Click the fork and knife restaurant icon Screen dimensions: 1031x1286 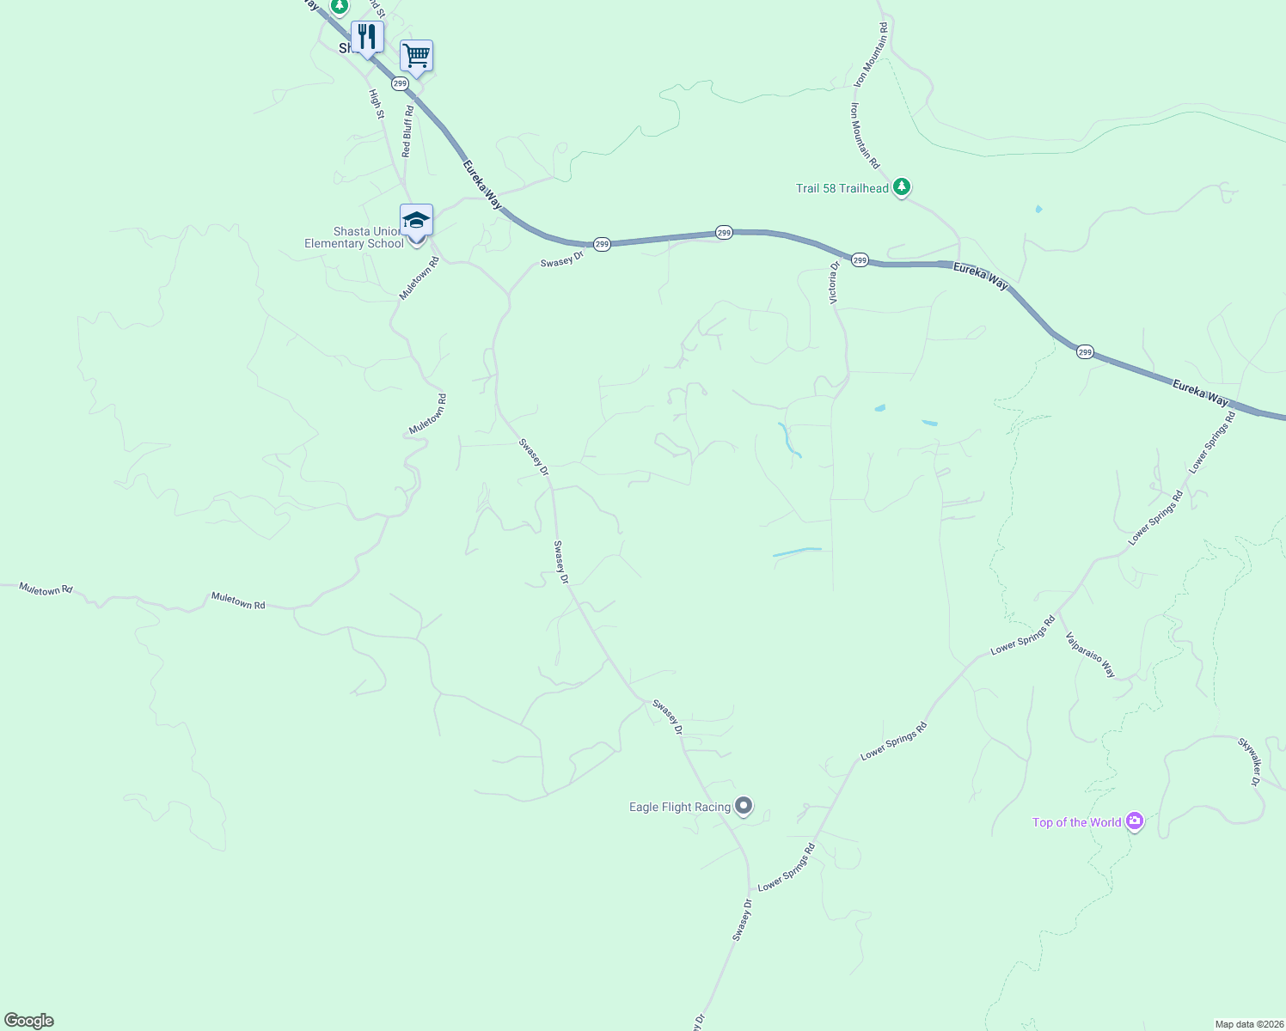point(367,37)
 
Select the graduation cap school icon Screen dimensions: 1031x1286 point(416,221)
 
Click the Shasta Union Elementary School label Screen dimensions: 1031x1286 point(353,238)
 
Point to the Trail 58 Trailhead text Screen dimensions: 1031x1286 point(842,188)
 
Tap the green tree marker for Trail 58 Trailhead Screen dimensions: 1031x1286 point(901,186)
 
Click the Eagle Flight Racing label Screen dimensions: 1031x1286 point(679,807)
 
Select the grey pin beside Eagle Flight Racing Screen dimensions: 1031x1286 point(744,806)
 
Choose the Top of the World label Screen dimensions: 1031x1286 point(1076,822)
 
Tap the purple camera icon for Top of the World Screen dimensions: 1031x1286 point(1135,821)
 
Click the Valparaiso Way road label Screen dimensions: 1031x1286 point(1090,655)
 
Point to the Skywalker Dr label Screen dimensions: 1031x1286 point(1249,761)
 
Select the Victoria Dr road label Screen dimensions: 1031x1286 point(833,283)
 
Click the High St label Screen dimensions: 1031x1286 point(376,103)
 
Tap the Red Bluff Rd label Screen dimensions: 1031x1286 point(407,131)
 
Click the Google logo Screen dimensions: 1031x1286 point(29,1021)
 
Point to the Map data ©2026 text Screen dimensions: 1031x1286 point(1248,1024)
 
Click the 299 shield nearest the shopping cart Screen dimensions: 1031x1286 point(400,83)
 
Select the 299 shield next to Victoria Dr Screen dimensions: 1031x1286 point(860,259)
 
